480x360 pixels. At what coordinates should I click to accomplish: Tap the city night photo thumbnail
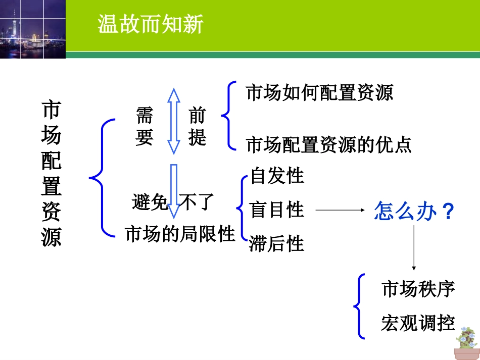point(32,29)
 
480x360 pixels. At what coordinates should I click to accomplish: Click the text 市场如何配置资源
point(319,93)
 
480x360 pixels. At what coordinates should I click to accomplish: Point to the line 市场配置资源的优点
point(329,145)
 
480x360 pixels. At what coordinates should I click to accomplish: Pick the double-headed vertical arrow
point(174,121)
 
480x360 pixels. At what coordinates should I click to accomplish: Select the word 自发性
point(277,176)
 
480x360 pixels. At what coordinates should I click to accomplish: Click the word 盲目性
point(277,210)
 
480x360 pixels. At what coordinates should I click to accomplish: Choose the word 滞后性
point(277,244)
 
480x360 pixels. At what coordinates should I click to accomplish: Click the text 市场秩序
point(418,290)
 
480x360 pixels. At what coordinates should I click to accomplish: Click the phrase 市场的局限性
point(180,234)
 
